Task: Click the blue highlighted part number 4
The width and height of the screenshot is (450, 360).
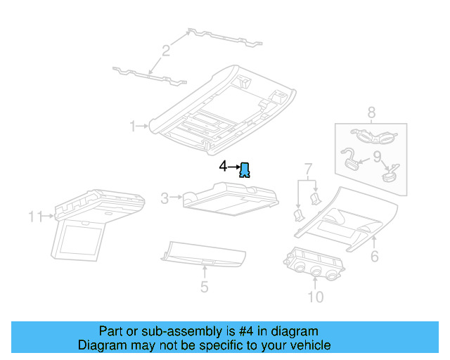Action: [x=245, y=169]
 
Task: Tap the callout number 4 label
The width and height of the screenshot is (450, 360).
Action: [x=224, y=167]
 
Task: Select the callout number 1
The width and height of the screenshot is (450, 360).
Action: [x=132, y=126]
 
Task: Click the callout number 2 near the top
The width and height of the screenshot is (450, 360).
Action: [x=166, y=50]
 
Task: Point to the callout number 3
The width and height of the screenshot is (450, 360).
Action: [x=165, y=199]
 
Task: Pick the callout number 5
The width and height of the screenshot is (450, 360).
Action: [x=204, y=286]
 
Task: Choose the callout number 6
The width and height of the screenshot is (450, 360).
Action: [x=375, y=257]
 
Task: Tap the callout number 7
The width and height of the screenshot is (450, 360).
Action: [x=307, y=169]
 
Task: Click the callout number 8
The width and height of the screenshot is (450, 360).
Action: [x=371, y=111]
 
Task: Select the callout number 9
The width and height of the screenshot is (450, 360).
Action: [x=377, y=156]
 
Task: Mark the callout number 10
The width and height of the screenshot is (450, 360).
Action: [x=316, y=297]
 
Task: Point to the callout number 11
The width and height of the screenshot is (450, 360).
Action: [x=35, y=217]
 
